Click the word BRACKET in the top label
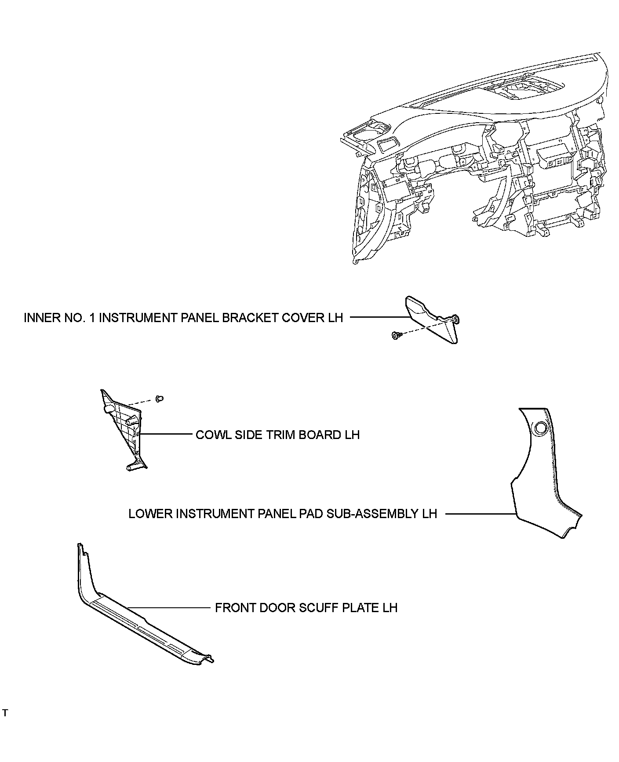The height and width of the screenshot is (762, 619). click(x=251, y=318)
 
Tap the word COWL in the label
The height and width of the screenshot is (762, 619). click(x=211, y=435)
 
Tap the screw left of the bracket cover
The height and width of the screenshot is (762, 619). click(x=395, y=336)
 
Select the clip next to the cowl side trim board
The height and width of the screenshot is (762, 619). click(x=160, y=399)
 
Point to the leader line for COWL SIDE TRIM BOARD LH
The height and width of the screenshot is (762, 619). click(x=167, y=434)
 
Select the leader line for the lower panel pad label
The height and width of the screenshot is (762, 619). click(x=479, y=513)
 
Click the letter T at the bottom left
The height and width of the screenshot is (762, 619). click(x=5, y=713)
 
